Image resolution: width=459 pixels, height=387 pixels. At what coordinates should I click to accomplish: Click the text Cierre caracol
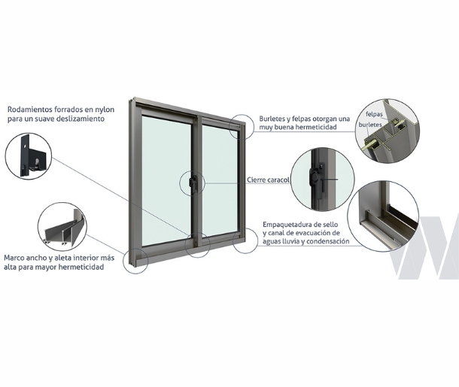(268, 180)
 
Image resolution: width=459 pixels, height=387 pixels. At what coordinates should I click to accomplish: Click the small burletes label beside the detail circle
(371, 125)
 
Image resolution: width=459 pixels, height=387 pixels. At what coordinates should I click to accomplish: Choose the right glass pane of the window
(220, 181)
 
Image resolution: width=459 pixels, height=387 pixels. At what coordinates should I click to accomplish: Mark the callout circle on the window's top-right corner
(241, 127)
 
